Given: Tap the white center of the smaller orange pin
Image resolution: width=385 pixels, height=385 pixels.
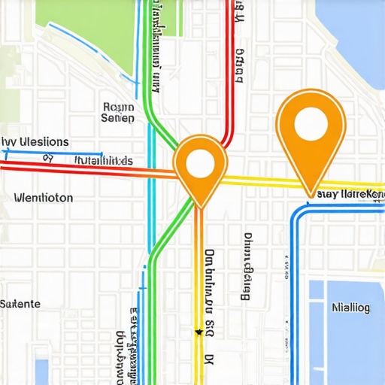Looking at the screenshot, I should point(200,163).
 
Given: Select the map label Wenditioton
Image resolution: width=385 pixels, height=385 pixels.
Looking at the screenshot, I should point(44,198).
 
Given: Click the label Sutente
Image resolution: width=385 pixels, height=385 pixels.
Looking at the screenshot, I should point(20,304).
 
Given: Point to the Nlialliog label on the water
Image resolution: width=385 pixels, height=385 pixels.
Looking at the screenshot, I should point(350,307).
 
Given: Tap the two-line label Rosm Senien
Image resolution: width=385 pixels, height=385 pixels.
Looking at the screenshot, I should point(118,112).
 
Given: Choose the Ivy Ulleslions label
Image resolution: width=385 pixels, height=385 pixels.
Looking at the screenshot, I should point(35,141).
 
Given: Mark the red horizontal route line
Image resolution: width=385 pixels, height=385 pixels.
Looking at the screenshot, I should point(90,168).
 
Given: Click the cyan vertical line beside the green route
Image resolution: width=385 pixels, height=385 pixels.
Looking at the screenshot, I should point(150,188).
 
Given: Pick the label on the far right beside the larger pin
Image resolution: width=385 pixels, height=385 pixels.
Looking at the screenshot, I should point(350,194).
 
